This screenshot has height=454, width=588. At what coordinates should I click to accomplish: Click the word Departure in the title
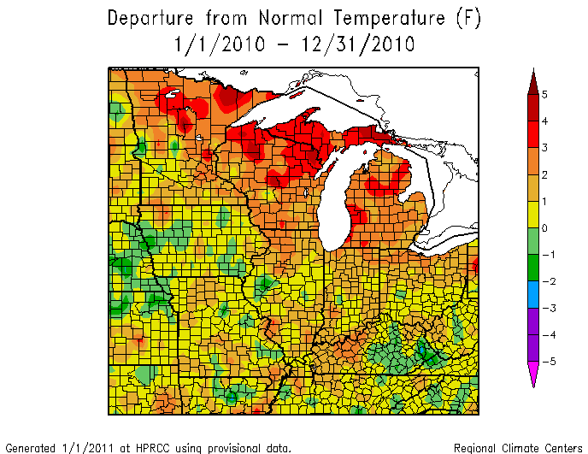153,19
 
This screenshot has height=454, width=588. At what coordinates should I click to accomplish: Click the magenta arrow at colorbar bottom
532,374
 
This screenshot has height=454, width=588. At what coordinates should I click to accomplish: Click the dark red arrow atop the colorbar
532,81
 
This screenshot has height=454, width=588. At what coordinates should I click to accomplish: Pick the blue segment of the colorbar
532,294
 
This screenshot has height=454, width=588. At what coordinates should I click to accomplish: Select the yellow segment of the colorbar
532,214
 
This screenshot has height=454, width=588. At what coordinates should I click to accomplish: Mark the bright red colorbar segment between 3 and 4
532,133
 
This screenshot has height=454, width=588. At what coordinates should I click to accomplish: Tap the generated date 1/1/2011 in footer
81,447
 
